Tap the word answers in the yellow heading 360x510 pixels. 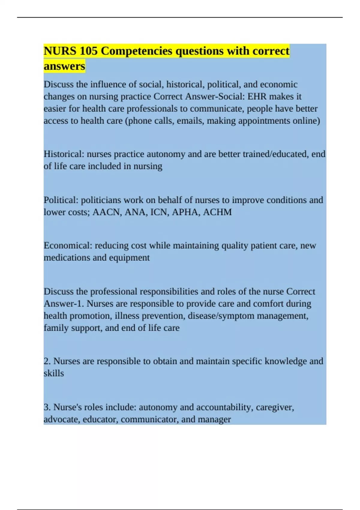click(64, 66)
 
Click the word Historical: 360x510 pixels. click(64, 154)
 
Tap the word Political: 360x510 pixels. click(61, 200)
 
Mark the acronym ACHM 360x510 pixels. click(217, 212)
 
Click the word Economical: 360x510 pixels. click(68, 246)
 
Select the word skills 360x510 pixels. click(54, 373)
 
